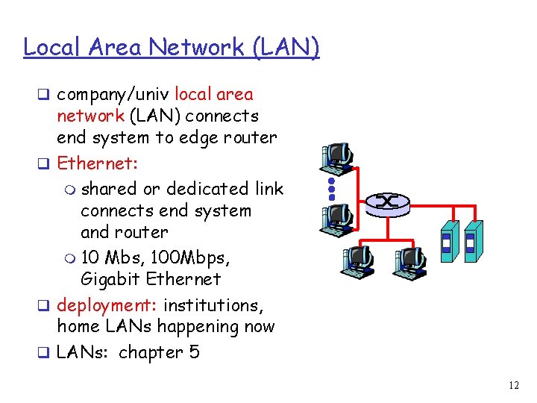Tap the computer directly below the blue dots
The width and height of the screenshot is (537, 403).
pos(336,218)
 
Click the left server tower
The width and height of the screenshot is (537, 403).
pos(448,240)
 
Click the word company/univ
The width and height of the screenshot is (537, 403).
pos(113,95)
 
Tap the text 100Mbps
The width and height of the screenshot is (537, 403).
pos(190,257)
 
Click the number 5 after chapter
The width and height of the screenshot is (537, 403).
pos(195,352)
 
